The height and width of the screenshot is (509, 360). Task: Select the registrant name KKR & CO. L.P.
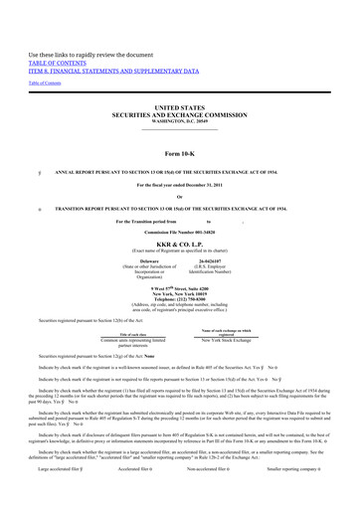[179, 243]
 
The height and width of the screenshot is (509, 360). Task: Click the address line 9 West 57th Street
[179, 287]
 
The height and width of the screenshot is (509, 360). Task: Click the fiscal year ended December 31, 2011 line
[179, 186]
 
